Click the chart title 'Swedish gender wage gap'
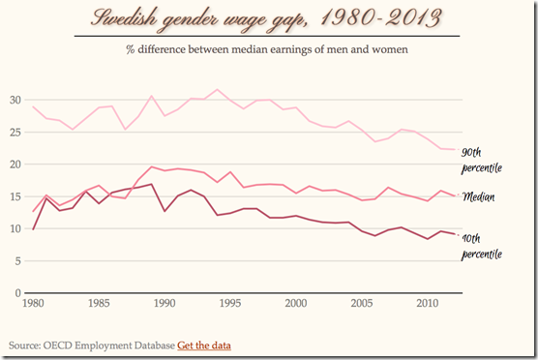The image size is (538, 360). click(269, 17)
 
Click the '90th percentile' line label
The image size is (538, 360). click(482, 160)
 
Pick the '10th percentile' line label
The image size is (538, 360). click(482, 246)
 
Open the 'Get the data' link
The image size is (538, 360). click(203, 344)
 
